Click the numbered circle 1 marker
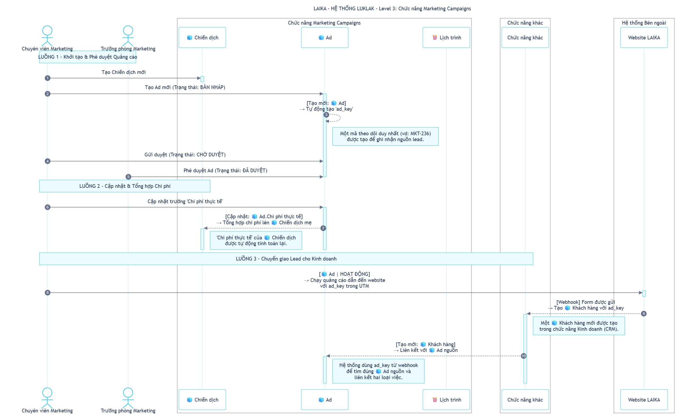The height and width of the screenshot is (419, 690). click(x=48, y=78)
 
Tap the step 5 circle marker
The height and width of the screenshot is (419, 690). click(x=128, y=177)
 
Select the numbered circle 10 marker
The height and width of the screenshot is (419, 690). click(x=523, y=356)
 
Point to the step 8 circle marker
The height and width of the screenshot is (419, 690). click(x=48, y=293)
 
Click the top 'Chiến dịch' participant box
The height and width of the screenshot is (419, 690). click(x=202, y=38)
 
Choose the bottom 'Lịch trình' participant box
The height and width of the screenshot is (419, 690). click(x=446, y=400)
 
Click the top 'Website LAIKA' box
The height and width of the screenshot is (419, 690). click(x=644, y=38)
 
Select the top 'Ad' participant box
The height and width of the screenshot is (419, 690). click(x=325, y=38)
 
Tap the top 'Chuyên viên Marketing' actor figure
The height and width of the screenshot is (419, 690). click(x=47, y=36)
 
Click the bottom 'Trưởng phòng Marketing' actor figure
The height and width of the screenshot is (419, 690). click(x=128, y=398)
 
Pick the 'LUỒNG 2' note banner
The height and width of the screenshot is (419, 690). click(x=125, y=186)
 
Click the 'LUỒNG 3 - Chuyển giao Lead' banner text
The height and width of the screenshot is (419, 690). click(x=286, y=259)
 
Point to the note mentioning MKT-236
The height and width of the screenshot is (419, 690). click(x=385, y=136)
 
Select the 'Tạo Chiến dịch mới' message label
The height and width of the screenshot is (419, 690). click(x=124, y=72)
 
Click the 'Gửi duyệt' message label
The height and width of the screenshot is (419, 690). click(x=185, y=155)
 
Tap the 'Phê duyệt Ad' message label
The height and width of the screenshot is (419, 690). click(x=225, y=171)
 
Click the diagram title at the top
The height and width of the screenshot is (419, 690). click(x=392, y=9)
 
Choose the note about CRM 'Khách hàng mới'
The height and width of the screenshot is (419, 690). click(x=579, y=326)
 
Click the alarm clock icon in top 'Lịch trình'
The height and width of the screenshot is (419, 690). click(x=435, y=38)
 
